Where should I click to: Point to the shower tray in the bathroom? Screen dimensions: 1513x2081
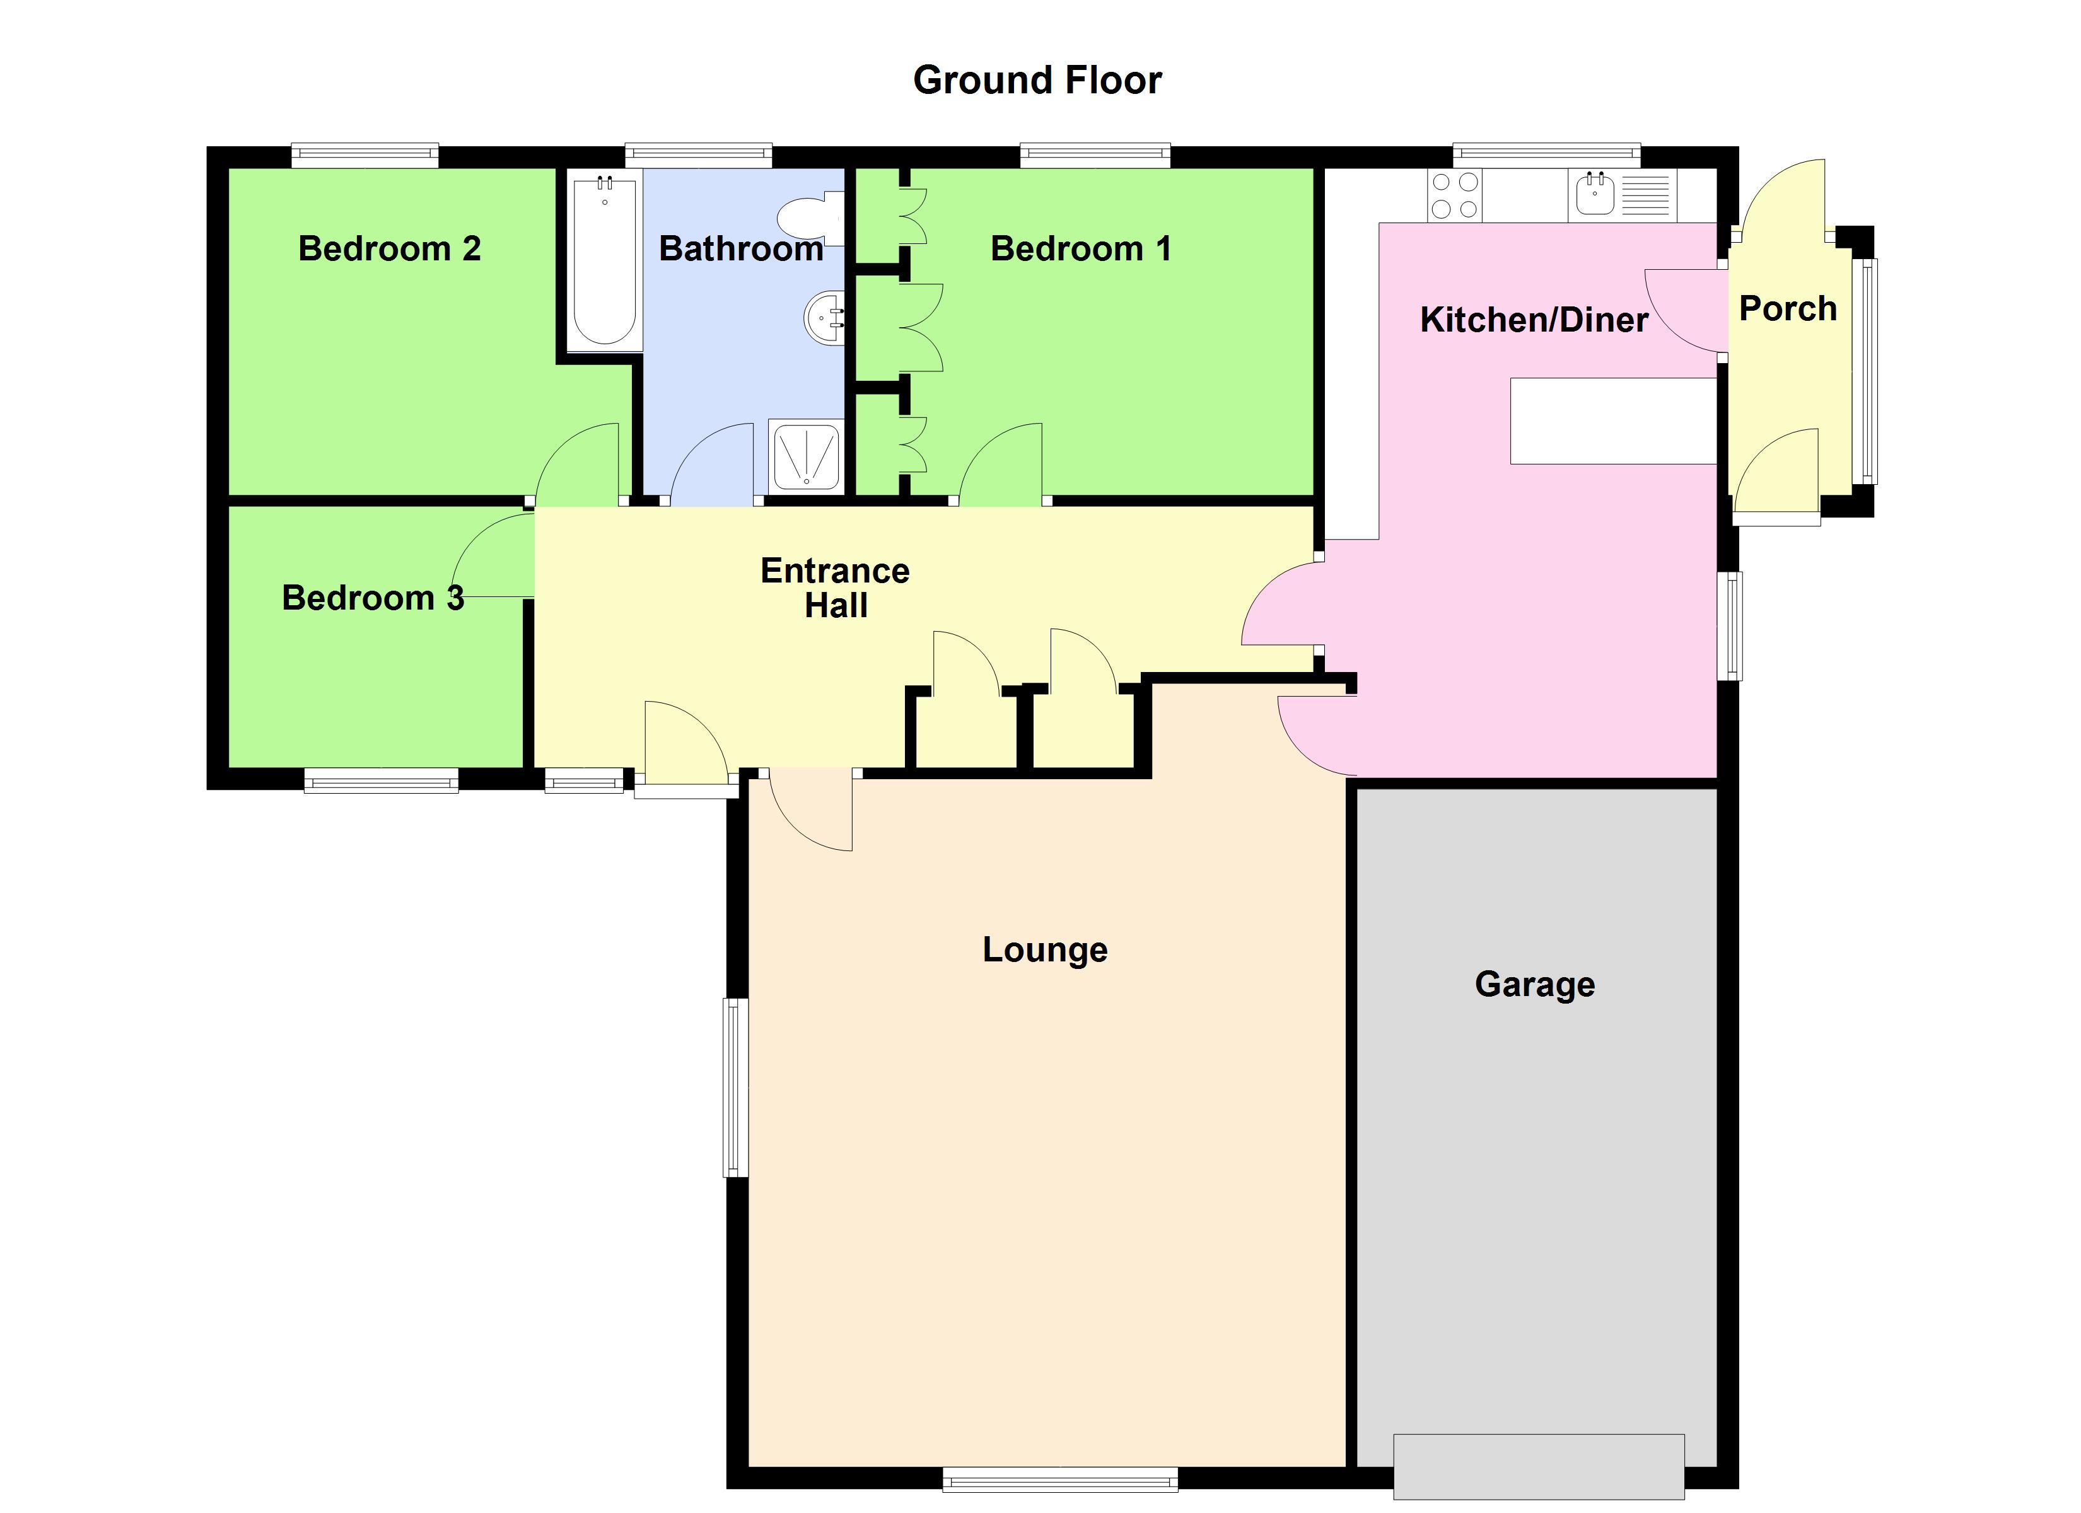tap(805, 456)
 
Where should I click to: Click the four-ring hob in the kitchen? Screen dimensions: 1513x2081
tap(1454, 196)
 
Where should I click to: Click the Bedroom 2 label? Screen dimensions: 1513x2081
tap(390, 248)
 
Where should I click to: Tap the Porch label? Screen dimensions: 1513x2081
tap(1787, 309)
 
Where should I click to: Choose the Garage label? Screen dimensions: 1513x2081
tap(1534, 985)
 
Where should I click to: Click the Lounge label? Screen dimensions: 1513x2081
tap(1045, 949)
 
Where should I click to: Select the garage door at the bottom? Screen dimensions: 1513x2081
tap(1539, 1466)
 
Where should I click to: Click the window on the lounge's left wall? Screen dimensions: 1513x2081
tap(735, 1087)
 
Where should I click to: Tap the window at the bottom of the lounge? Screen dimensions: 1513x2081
tap(1060, 1479)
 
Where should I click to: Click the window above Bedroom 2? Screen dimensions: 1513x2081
tap(365, 156)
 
